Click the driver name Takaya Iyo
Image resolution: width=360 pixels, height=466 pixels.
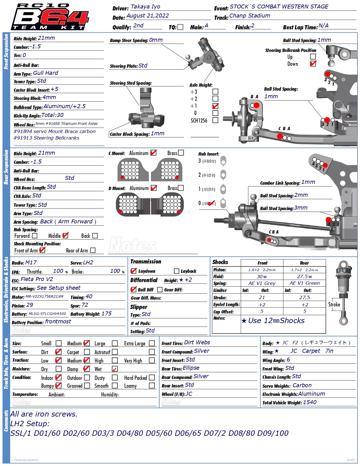pos(145,7)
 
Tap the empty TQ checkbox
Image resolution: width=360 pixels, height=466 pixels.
pos(180,27)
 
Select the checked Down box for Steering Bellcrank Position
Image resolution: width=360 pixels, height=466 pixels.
pos(313,64)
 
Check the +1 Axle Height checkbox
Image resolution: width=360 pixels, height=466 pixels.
pos(215,106)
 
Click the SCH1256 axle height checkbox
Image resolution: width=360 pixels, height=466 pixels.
pos(215,120)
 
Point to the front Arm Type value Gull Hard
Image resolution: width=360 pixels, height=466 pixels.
pos(45,73)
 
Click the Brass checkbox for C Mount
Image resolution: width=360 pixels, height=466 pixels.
pos(181,153)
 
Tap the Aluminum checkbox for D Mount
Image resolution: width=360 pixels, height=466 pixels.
pos(154,188)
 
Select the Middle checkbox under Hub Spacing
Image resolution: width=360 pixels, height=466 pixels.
pos(65,236)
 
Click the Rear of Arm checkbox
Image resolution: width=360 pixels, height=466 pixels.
pos(93,250)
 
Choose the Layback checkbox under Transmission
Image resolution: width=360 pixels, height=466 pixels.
pos(176,271)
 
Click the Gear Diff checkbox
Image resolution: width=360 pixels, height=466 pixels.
pos(160,290)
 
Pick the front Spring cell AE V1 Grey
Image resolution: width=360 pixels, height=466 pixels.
pos(262,283)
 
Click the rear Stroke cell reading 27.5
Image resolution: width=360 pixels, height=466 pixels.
pos(304,298)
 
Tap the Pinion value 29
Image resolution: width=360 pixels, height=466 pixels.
pos(30,305)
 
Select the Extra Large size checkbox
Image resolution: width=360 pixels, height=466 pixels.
pos(152,343)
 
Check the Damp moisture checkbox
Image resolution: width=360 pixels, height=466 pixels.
pos(87,369)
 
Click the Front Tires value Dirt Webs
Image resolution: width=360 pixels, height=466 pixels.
pos(197,343)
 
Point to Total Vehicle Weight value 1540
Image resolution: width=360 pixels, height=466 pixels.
pos(309,402)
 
